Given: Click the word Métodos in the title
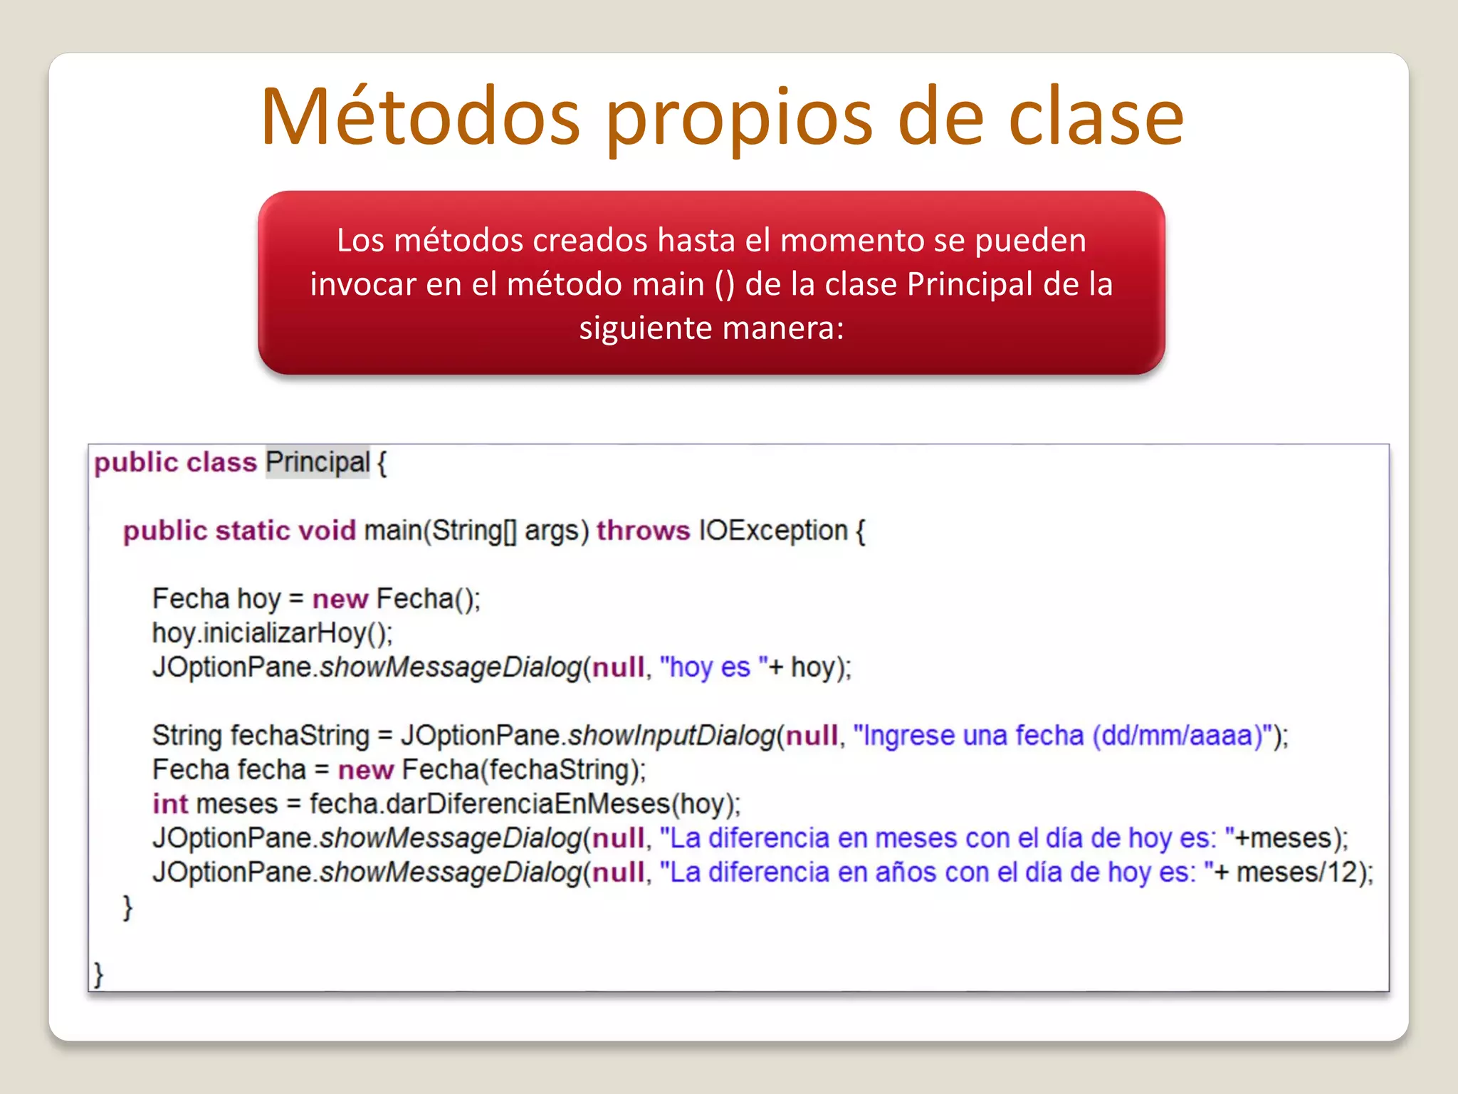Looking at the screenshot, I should click(421, 117).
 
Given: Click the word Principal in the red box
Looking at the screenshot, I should click(970, 283).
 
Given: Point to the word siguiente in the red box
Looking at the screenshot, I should click(645, 328).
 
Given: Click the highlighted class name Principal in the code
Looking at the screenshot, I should click(318, 462).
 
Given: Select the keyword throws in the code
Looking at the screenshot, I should click(643, 531).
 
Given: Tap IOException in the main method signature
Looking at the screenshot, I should click(773, 531).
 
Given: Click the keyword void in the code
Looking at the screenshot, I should click(327, 531).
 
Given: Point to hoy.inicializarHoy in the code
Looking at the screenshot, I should click(271, 633).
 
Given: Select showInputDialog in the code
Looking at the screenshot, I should click(671, 736).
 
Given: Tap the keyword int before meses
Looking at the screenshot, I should click(169, 804).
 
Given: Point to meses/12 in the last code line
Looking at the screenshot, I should click(1296, 872).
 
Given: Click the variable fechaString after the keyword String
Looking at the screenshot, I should click(300, 736).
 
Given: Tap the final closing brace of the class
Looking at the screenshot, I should click(99, 974).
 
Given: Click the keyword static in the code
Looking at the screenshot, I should click(253, 531).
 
